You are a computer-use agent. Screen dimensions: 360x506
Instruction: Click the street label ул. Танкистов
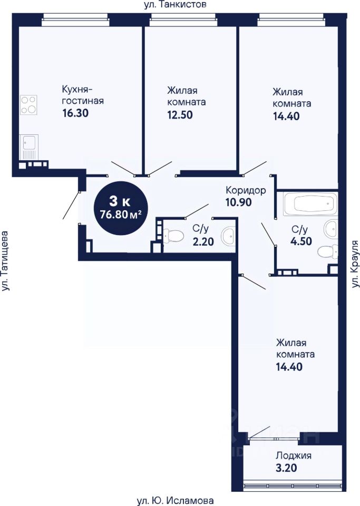tap(175, 5)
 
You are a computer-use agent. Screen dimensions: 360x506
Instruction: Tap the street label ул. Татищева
tap(5, 261)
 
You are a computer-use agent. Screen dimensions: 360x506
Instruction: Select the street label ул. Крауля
tap(355, 264)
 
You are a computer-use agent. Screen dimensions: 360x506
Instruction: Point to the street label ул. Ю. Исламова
tap(175, 501)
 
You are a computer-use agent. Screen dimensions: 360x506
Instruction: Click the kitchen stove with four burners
tap(28, 105)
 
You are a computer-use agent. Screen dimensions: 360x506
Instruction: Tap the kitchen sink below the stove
tap(28, 147)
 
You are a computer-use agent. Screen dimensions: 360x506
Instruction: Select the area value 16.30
tap(75, 113)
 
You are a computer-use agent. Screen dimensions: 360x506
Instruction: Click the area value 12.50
tap(180, 114)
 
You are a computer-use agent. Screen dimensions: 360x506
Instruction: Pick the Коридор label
tap(246, 190)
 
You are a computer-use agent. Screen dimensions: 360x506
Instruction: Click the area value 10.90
tap(238, 202)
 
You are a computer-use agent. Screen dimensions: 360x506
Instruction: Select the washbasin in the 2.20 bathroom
tap(228, 236)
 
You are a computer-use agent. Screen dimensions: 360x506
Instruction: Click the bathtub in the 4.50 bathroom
tap(310, 203)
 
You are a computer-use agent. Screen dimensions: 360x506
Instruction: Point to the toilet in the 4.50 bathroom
tap(328, 251)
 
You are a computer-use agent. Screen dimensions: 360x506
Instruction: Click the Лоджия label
tap(294, 455)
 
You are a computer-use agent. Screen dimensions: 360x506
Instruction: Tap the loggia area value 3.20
tap(286, 468)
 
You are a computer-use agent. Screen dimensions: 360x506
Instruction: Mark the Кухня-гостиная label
tap(83, 94)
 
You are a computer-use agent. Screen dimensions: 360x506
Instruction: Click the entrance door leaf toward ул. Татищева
tap(71, 205)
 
